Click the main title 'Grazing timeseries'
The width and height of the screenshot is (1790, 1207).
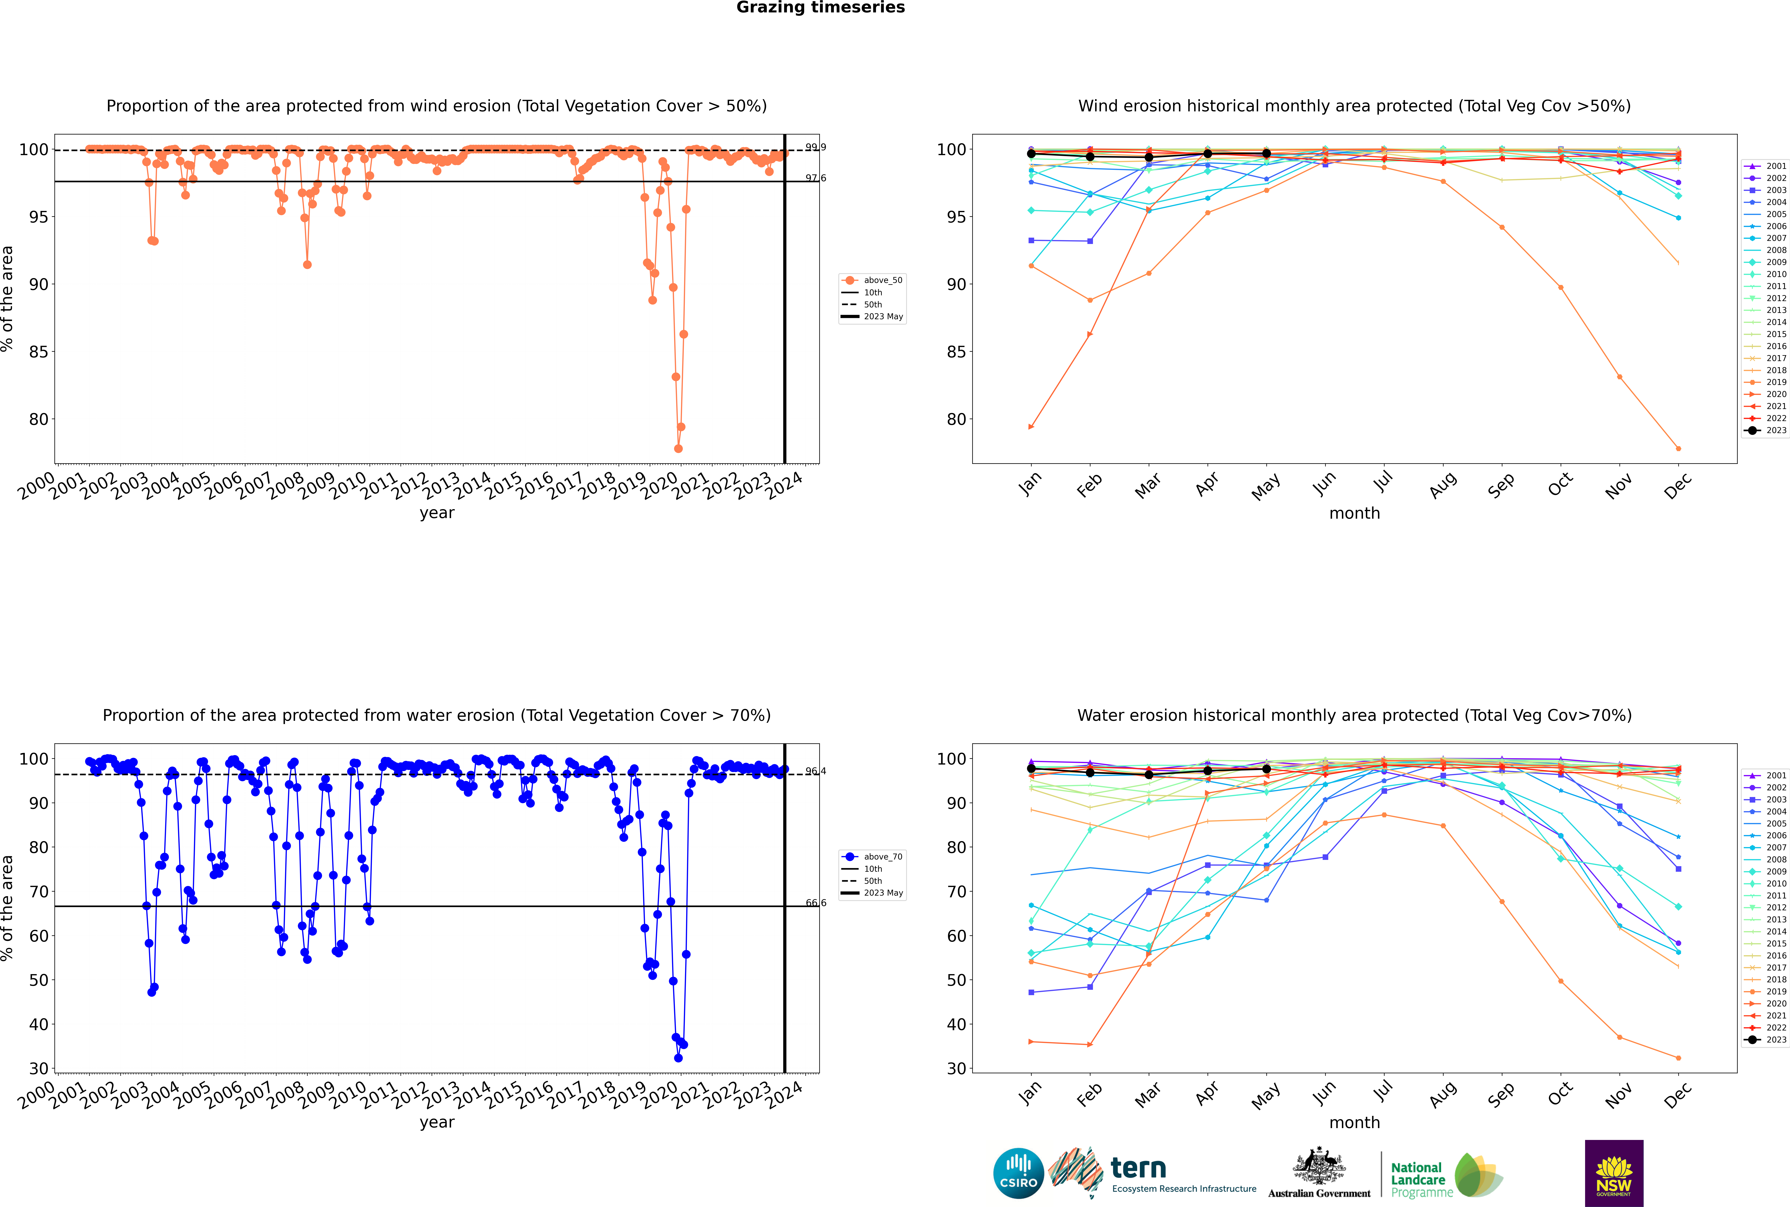[x=820, y=8]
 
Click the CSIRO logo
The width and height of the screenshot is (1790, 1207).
[x=1018, y=1173]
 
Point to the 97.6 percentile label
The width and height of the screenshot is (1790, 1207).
[x=816, y=178]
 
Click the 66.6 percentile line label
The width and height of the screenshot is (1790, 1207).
[x=816, y=903]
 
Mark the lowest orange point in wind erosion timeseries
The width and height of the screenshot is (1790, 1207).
[x=678, y=449]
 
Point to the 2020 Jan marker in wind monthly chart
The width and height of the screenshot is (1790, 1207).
[x=1031, y=426]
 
